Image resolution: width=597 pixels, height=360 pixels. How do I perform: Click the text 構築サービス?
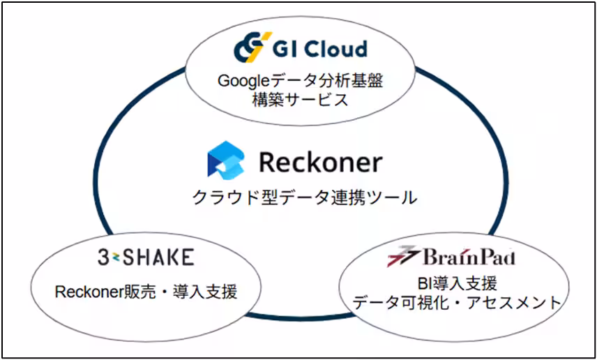[300, 99]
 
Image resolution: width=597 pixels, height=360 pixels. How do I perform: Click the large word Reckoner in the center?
[320, 162]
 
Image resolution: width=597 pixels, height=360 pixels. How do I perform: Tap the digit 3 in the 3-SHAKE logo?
[103, 257]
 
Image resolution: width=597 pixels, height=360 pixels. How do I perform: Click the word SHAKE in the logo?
[159, 257]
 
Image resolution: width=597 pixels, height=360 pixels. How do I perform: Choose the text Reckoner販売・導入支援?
[146, 292]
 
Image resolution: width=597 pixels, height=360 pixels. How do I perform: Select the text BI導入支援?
[453, 283]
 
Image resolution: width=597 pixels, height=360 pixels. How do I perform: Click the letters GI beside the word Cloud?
[283, 49]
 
